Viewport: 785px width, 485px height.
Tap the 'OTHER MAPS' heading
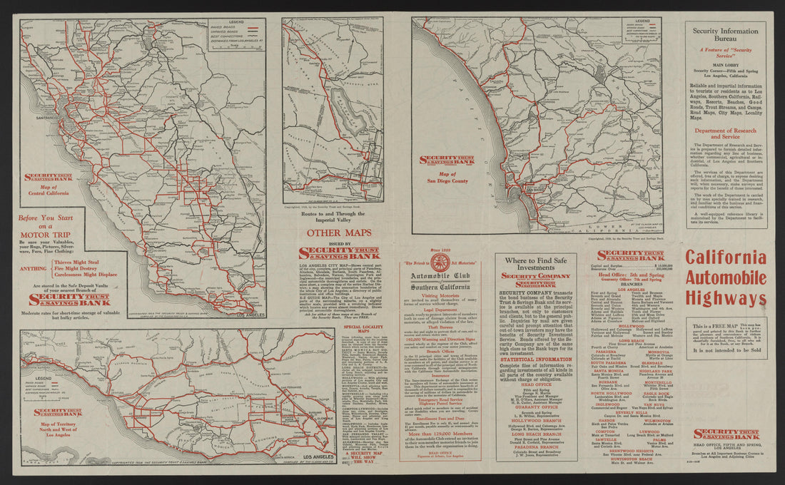pos(339,233)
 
